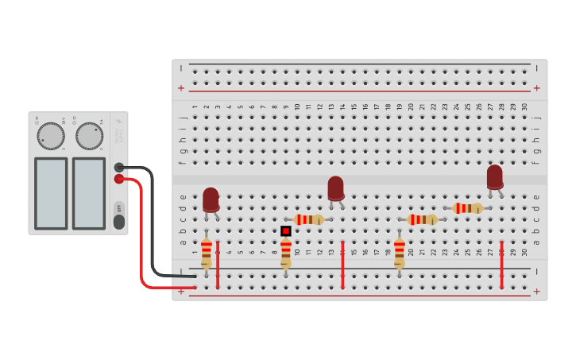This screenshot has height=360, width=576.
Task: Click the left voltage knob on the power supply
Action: click(x=51, y=136)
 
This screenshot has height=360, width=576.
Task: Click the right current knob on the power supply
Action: click(x=89, y=136)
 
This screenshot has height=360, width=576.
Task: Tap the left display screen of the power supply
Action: click(x=51, y=193)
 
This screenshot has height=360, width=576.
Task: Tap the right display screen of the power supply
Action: click(x=89, y=193)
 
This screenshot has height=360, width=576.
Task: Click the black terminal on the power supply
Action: click(x=119, y=167)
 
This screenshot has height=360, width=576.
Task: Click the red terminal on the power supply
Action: click(x=119, y=179)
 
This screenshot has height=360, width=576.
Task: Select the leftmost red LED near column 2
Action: click(x=211, y=199)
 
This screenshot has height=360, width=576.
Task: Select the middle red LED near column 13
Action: click(x=336, y=188)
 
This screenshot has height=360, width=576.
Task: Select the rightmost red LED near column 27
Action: click(x=495, y=176)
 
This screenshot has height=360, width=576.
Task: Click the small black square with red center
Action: click(x=285, y=230)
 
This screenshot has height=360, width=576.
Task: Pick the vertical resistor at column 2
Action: click(x=207, y=252)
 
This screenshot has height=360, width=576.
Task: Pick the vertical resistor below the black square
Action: click(x=285, y=252)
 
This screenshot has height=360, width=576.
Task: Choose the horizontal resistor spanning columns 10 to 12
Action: click(x=308, y=219)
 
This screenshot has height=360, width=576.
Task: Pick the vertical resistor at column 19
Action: click(x=399, y=252)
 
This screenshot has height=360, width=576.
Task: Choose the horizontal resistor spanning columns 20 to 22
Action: click(x=422, y=219)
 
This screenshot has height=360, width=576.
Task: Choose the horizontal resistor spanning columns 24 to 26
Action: click(x=467, y=208)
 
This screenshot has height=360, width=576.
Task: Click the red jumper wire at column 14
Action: click(x=342, y=265)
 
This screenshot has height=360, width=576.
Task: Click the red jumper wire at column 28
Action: click(x=501, y=265)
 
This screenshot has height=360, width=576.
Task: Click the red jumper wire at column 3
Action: click(x=218, y=265)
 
